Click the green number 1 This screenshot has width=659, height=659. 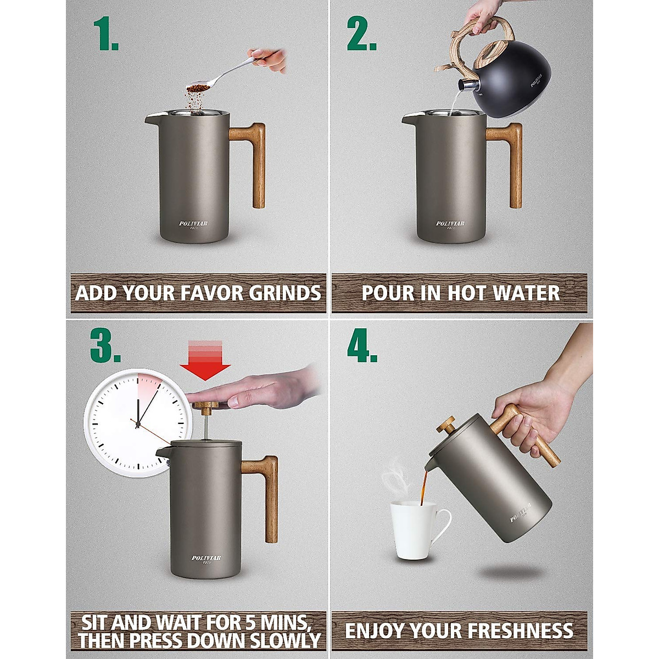tap(105, 34)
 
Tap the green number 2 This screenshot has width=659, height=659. tap(361, 34)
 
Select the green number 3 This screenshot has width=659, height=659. tap(105, 345)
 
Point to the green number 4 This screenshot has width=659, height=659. tap(362, 345)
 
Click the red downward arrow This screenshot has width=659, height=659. tap(205, 360)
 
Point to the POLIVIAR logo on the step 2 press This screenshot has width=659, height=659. tap(450, 224)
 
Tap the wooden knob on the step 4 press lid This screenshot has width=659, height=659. tap(445, 425)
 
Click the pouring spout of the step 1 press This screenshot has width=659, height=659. tap(152, 118)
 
